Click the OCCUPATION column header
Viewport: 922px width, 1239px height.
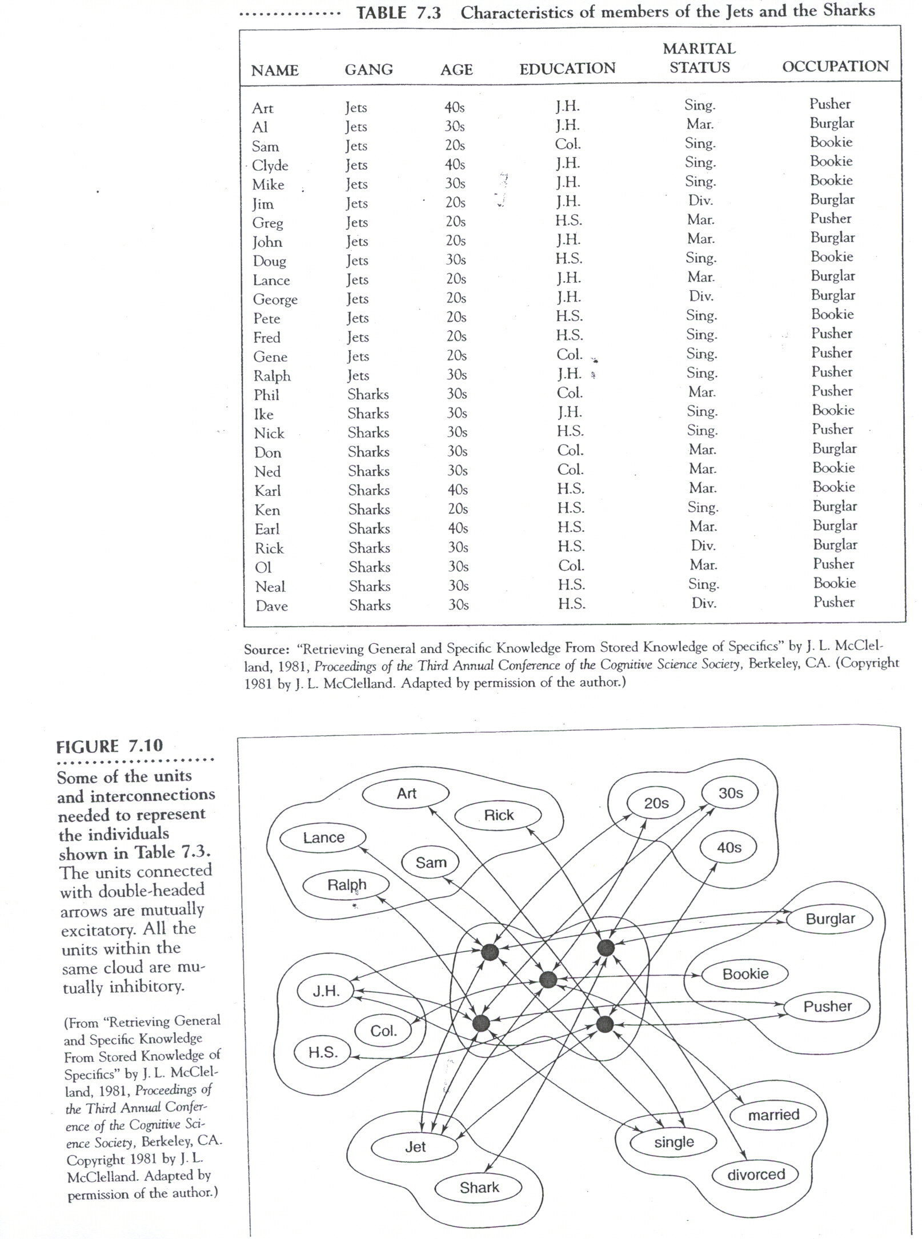click(x=835, y=67)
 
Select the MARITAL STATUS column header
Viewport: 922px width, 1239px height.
click(x=699, y=58)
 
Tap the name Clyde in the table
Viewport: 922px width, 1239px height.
click(x=270, y=166)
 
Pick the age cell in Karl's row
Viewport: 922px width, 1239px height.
click(x=458, y=490)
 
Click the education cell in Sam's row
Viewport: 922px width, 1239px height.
click(x=567, y=145)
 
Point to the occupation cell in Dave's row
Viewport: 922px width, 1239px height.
click(x=833, y=602)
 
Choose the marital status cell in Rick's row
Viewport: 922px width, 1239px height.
click(x=703, y=546)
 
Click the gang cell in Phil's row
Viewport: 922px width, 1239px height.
click(x=368, y=395)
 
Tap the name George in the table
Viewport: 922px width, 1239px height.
click(x=275, y=300)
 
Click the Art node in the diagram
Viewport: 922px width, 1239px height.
click(x=406, y=793)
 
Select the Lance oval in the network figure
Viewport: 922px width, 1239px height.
click(x=323, y=838)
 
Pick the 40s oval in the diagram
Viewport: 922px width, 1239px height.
click(x=729, y=847)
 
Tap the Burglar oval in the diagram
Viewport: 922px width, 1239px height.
click(x=830, y=919)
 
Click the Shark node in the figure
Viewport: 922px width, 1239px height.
click(x=479, y=1188)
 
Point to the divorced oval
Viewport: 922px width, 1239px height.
click(x=756, y=1174)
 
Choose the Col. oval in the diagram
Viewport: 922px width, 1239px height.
click(x=383, y=1031)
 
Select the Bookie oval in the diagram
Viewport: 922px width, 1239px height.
click(x=745, y=974)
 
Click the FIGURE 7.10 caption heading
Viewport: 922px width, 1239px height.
click(x=109, y=746)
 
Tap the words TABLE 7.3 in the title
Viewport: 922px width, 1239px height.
click(x=398, y=13)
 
